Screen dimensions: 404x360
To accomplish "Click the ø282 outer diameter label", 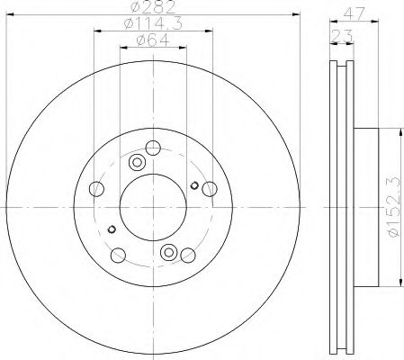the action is [x=153, y=6].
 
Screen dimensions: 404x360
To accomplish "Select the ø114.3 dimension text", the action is [x=153, y=23].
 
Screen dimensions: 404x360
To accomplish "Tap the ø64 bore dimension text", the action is [x=153, y=40].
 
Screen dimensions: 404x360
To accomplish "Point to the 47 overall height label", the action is [x=354, y=13].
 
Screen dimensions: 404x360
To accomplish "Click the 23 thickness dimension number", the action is [x=342, y=36].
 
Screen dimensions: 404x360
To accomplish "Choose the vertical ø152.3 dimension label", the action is [x=394, y=207].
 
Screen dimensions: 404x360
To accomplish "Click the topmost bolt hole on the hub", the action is [x=153, y=148].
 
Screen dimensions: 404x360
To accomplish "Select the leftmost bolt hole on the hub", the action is [x=96, y=189].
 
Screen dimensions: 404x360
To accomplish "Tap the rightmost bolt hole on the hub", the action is [x=210, y=189].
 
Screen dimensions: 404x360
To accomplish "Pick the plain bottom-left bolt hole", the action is [x=118, y=256].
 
